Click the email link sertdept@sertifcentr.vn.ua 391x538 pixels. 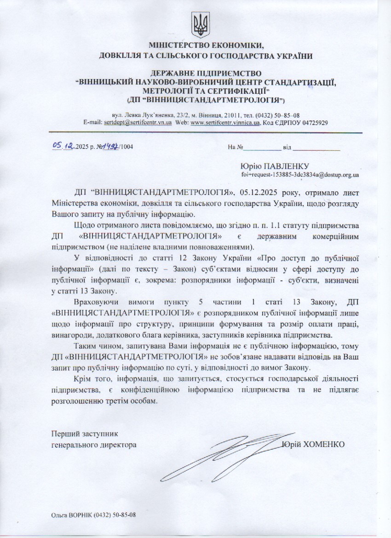coord(138,123)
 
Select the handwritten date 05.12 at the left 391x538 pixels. coord(64,146)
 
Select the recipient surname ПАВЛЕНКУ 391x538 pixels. coord(287,166)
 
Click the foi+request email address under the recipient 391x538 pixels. coord(300,175)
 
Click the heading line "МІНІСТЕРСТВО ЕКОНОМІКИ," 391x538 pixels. coord(206,46)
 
